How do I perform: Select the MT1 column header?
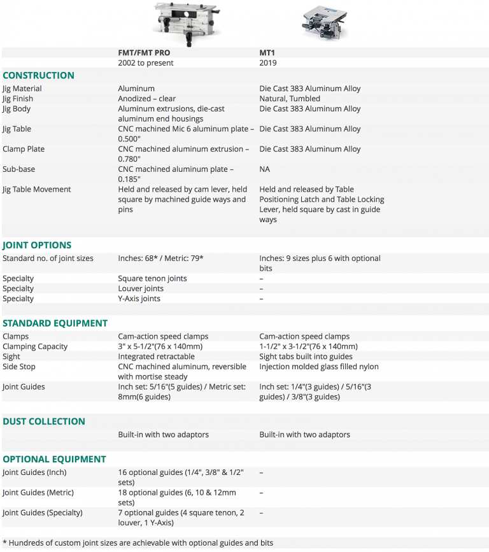(x=267, y=53)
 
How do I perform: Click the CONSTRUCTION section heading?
(x=38, y=75)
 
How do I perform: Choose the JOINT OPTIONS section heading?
(x=37, y=245)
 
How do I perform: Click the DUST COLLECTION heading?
(x=44, y=421)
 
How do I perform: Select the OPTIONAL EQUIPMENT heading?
(x=54, y=459)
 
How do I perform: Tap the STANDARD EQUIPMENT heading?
(x=55, y=323)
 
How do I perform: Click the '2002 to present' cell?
(x=146, y=63)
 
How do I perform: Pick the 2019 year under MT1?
(x=268, y=63)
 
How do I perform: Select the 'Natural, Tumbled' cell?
(x=290, y=99)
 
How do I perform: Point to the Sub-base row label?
(x=19, y=169)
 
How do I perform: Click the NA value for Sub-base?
(x=265, y=169)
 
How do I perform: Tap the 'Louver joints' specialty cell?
(x=141, y=288)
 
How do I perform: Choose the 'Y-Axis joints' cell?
(x=139, y=299)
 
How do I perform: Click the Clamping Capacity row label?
(x=35, y=346)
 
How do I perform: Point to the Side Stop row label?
(x=19, y=367)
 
